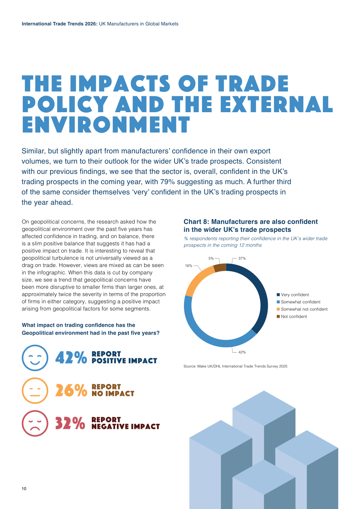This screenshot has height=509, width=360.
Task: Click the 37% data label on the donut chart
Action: (x=242, y=258)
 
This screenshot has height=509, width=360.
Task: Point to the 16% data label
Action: (x=189, y=265)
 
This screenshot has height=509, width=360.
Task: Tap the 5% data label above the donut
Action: (x=211, y=258)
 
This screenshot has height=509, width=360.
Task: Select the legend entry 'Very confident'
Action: (x=293, y=295)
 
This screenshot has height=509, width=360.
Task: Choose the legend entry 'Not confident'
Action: (x=292, y=316)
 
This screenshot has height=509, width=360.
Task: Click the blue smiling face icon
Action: (x=35, y=358)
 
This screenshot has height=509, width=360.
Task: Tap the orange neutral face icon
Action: (x=35, y=391)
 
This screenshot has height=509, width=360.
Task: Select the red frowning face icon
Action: (x=35, y=423)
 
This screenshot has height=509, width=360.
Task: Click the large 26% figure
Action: (x=71, y=391)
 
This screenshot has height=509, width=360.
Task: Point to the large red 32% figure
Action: (x=70, y=423)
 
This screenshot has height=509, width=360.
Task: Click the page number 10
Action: (x=24, y=489)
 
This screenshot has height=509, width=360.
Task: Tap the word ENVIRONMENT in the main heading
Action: (x=106, y=125)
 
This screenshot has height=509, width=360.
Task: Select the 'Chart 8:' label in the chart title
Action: (x=196, y=222)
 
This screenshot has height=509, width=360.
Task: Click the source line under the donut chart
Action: (x=236, y=366)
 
